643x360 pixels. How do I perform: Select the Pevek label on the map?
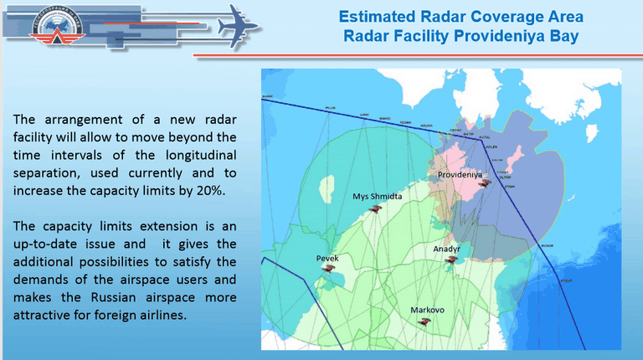pyautogui.click(x=327, y=259)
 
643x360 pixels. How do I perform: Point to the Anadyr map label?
pyautogui.click(x=447, y=249)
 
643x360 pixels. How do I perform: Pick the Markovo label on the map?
pyautogui.click(x=427, y=310)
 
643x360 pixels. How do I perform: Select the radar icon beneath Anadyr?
pyautogui.click(x=451, y=260)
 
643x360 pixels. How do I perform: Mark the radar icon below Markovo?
pyautogui.click(x=424, y=321)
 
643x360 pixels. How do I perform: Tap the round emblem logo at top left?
pyautogui.click(x=34, y=33)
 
